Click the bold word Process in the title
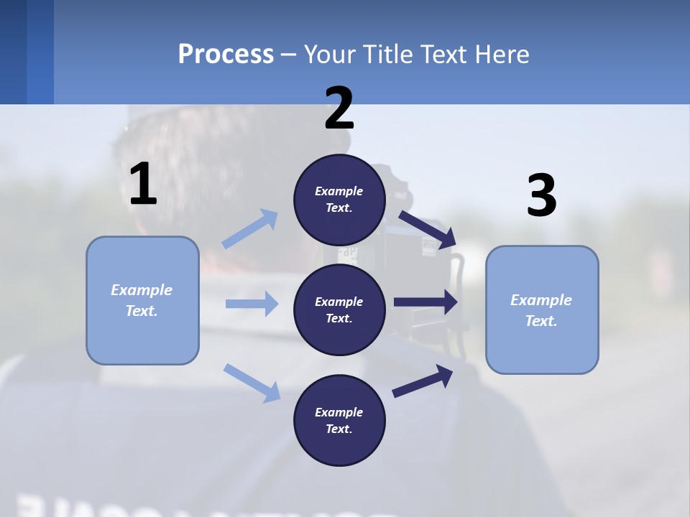point(226,54)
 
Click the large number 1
point(143,185)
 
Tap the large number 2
point(339,109)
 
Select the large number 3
point(541,196)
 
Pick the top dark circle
point(339,200)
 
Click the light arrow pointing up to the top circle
point(251,229)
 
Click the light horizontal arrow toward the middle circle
point(252,304)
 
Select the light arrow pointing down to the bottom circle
point(252,382)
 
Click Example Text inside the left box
point(142,300)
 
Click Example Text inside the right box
point(541,310)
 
